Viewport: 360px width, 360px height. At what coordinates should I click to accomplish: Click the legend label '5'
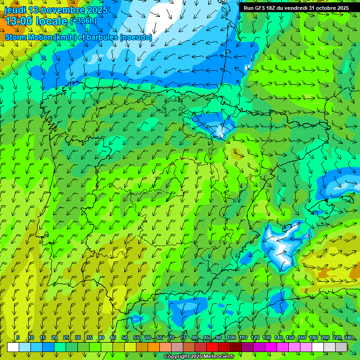[18, 338]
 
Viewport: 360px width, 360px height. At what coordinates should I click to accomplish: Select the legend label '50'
[125, 338]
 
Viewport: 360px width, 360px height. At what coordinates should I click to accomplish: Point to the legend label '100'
[231, 338]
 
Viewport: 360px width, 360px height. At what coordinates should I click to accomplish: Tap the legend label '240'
[349, 338]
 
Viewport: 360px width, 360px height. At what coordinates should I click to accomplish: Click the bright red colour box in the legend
[212, 347]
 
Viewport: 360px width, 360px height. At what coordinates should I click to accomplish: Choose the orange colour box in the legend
[153, 347]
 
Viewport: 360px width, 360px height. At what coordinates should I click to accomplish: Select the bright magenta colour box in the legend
[270, 347]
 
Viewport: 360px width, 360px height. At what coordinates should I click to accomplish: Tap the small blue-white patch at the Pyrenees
[220, 129]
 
